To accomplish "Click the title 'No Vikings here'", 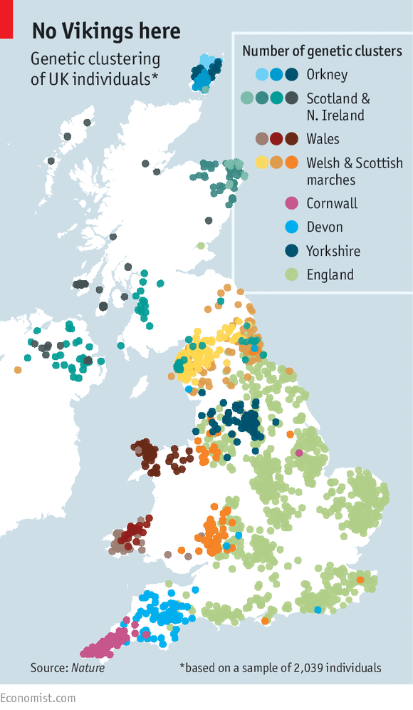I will click(x=106, y=31).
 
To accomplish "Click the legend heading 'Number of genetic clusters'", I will click(x=322, y=51).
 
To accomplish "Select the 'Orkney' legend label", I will click(x=327, y=74).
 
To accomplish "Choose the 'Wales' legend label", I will click(x=323, y=139).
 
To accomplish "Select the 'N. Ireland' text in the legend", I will click(x=335, y=115).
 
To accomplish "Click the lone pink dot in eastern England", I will click(x=299, y=453).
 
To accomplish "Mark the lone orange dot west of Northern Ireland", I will click(x=17, y=370).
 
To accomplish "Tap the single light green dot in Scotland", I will click(x=201, y=246).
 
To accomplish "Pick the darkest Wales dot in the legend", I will click(x=291, y=139).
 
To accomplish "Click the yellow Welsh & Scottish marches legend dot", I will click(x=262, y=163).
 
